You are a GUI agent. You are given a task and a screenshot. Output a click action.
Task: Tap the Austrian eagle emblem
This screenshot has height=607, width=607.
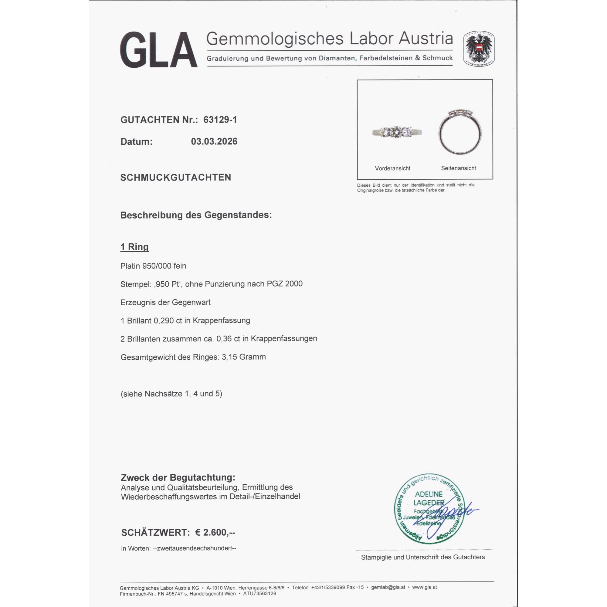[479, 48]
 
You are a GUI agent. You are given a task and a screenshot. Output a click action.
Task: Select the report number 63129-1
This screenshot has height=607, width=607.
[220, 120]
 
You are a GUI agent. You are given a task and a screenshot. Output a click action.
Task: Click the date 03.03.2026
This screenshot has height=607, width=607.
[214, 141]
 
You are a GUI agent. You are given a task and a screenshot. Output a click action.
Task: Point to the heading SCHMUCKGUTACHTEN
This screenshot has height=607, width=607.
[176, 178]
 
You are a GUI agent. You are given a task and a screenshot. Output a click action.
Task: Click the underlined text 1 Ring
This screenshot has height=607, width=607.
[134, 247]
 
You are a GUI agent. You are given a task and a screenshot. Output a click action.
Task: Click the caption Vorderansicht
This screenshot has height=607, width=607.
[392, 168]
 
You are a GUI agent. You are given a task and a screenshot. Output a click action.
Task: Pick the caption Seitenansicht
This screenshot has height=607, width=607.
[458, 168]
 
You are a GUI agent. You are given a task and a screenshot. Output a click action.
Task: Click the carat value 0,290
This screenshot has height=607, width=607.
[163, 321]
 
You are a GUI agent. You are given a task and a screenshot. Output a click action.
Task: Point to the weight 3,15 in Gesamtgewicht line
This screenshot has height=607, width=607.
[229, 357]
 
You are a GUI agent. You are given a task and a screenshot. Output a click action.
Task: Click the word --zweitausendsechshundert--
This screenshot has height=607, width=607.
[195, 548]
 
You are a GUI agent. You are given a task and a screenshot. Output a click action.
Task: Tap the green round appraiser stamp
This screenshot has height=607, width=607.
[429, 509]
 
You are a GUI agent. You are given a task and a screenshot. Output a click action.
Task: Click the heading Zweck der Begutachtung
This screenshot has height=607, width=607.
[178, 477]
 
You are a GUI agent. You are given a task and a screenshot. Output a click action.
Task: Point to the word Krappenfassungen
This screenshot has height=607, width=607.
[284, 339]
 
